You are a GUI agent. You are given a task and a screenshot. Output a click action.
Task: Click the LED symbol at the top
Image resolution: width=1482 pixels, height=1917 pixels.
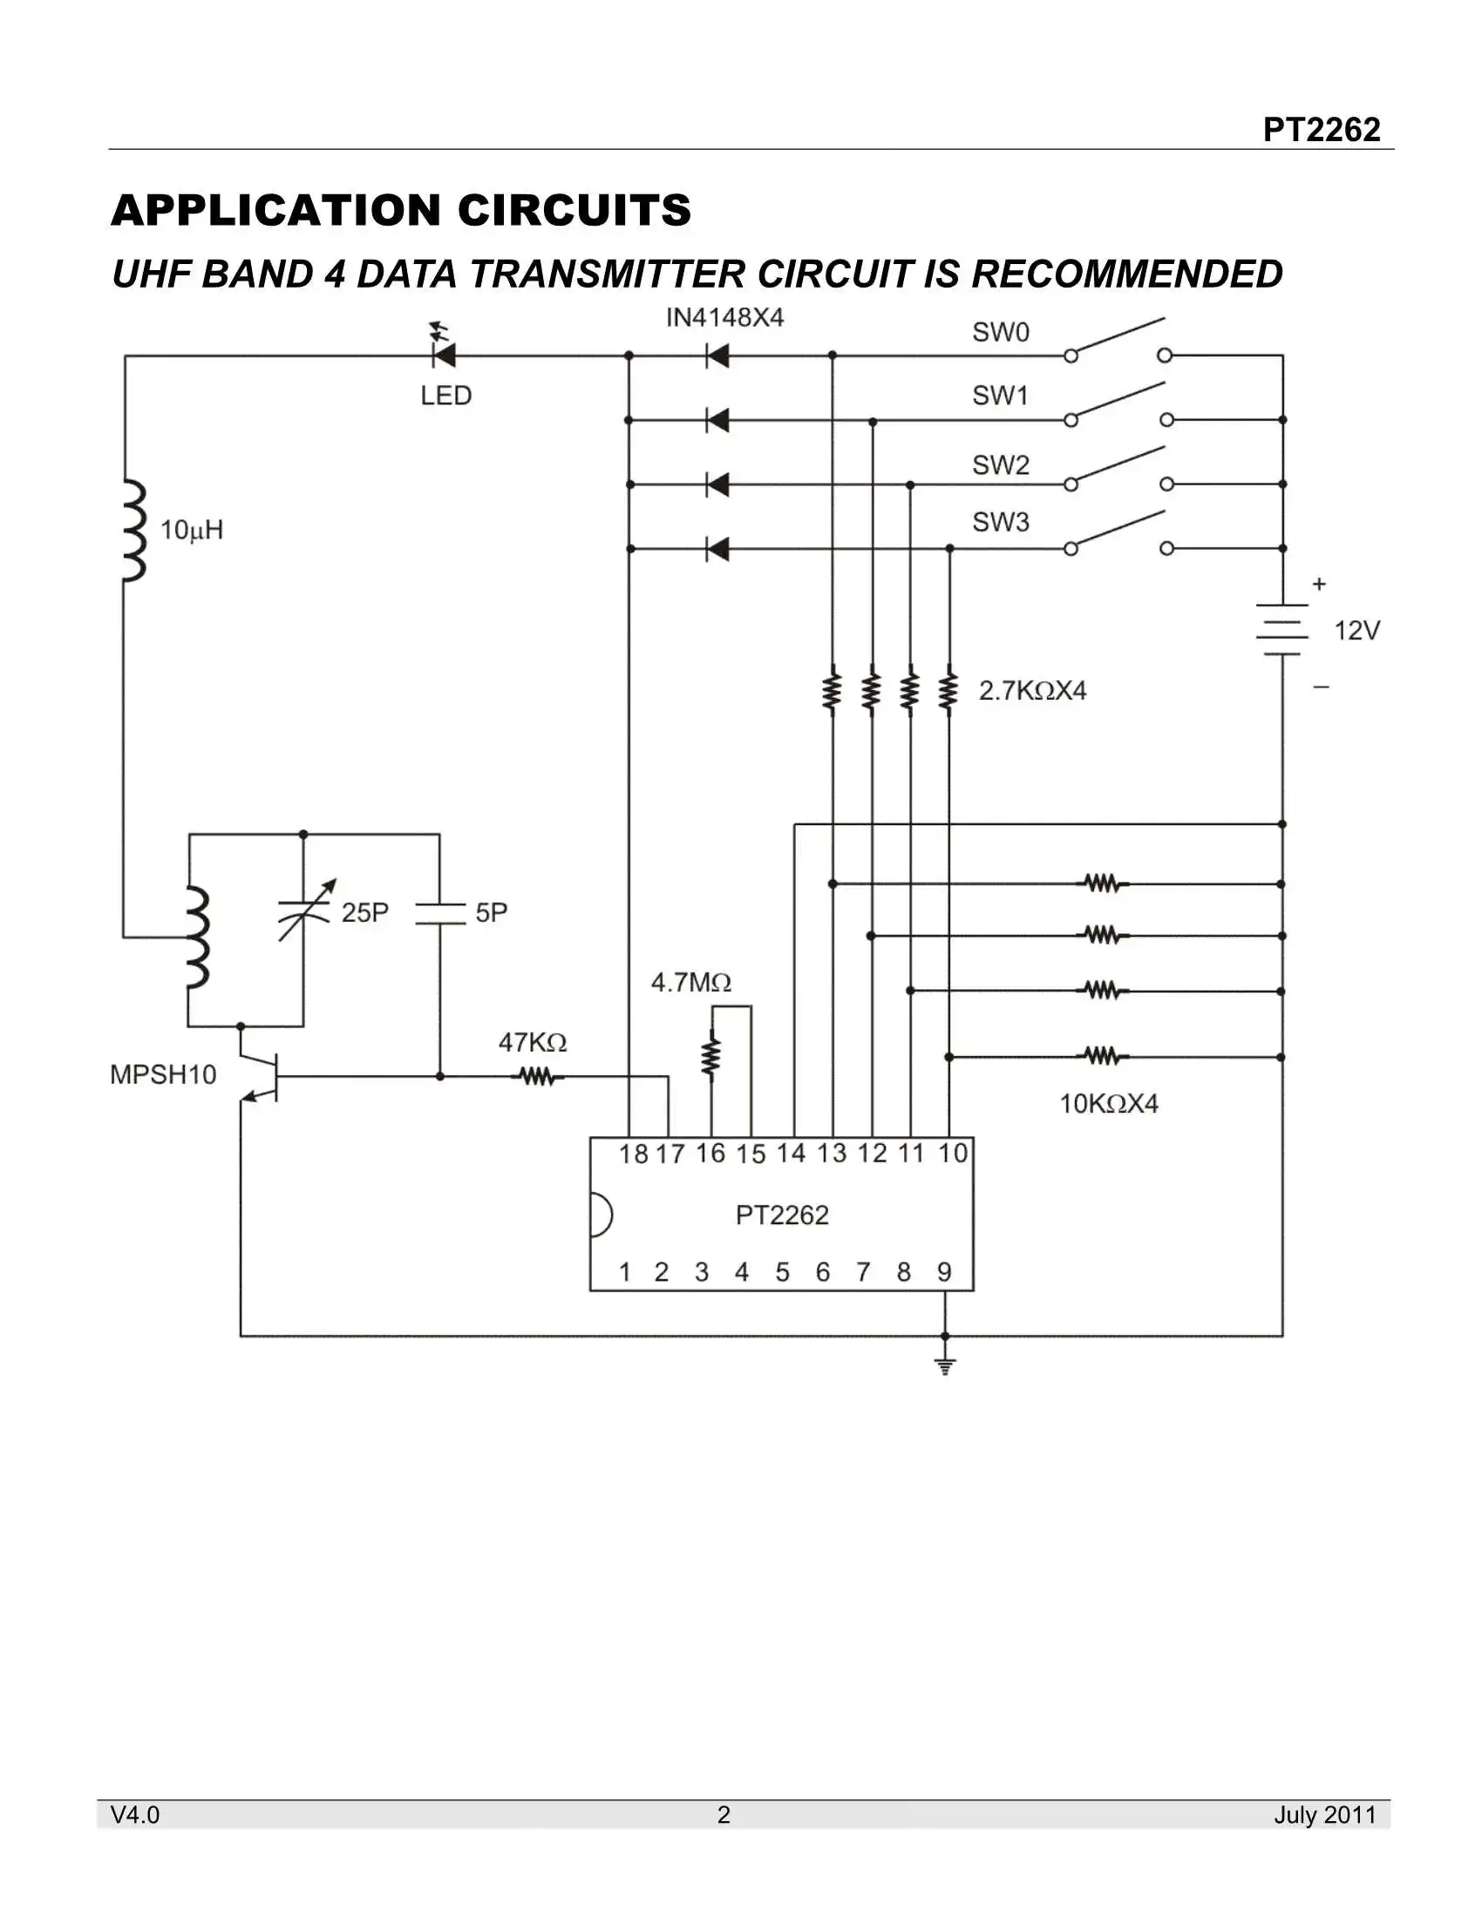[445, 355]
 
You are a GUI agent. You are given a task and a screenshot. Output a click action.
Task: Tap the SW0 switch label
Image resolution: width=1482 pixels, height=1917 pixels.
[1000, 332]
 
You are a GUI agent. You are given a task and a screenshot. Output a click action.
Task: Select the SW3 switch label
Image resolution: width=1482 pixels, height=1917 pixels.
[1000, 522]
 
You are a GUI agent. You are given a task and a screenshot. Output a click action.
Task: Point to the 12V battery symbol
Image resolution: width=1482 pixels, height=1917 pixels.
[1281, 629]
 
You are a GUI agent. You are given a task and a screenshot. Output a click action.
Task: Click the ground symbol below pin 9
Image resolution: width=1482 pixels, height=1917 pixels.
[945, 1366]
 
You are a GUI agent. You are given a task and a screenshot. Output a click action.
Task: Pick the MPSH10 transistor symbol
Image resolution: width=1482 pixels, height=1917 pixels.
[260, 1074]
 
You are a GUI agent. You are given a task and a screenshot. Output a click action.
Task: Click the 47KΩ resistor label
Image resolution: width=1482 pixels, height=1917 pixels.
[532, 1043]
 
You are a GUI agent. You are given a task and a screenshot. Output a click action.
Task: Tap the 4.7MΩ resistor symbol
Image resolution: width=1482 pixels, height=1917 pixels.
[711, 1057]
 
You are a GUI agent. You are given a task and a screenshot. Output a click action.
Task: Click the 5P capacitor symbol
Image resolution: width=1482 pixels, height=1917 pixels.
[440, 913]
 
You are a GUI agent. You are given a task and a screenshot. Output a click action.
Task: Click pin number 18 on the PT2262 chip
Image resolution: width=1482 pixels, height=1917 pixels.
[633, 1155]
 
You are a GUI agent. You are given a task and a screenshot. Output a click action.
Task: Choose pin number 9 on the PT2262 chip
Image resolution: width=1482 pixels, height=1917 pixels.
[944, 1272]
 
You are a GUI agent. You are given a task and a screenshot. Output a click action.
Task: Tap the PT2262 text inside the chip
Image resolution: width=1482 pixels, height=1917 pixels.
[781, 1215]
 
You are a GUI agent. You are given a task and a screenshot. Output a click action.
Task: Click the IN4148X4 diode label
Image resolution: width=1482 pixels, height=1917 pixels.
[724, 318]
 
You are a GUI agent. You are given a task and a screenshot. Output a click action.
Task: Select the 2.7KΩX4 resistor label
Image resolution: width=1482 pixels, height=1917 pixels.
[1032, 691]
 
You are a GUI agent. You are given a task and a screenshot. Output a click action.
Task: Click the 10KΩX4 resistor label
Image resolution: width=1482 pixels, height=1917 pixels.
[1108, 1103]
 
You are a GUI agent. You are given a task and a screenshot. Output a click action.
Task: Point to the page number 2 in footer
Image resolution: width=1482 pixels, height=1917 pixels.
[724, 1814]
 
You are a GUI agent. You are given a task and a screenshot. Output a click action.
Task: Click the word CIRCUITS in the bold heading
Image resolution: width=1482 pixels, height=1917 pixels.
[574, 211]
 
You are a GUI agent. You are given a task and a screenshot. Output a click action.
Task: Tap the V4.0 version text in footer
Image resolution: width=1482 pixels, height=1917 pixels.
[135, 1814]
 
